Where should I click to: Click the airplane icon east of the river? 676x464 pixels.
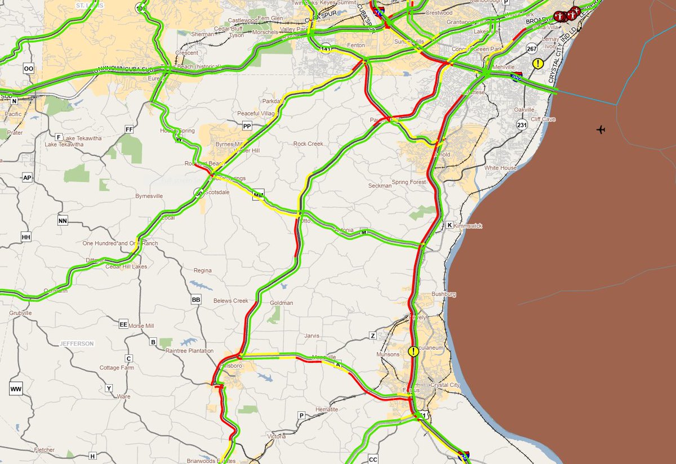[x=601, y=130]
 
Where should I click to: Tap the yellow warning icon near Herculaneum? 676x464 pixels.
[x=413, y=351]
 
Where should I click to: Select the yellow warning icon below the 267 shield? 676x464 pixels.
[x=538, y=64]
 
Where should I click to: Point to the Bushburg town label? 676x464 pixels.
[x=443, y=294]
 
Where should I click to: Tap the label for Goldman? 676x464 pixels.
[x=282, y=303]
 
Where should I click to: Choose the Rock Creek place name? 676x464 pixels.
[x=308, y=144]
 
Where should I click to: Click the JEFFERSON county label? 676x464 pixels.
[x=77, y=343]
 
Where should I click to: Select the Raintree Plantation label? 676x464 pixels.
[x=189, y=351]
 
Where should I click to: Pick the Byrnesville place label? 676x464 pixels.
[x=149, y=196]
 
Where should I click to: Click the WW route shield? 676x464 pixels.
[x=16, y=389]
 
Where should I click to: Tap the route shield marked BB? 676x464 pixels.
[x=196, y=300]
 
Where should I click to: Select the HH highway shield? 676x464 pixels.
[x=25, y=237]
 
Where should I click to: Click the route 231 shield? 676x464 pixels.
[x=522, y=124]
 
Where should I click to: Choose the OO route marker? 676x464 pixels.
[x=29, y=68]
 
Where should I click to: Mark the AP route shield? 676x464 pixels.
[x=27, y=178]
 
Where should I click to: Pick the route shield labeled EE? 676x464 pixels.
[x=124, y=324]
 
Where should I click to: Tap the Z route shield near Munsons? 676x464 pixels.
[x=372, y=336]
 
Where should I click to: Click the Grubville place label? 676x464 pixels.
[x=21, y=313]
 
